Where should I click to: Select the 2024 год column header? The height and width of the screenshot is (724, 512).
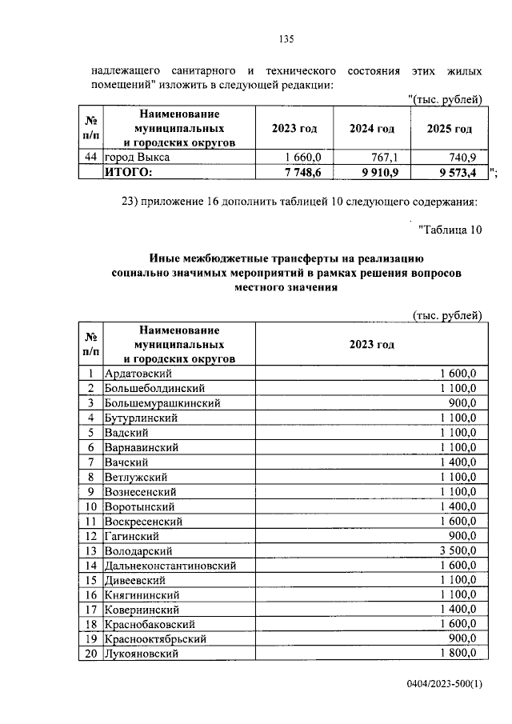(x=372, y=129)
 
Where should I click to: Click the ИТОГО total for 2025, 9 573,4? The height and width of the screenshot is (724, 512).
(x=451, y=172)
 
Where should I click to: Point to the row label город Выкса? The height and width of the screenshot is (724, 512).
(x=137, y=158)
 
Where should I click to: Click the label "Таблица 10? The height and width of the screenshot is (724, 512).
(x=450, y=230)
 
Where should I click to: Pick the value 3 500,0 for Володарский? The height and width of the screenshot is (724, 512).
(x=458, y=550)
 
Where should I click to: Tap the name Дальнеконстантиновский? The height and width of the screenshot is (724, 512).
(x=170, y=566)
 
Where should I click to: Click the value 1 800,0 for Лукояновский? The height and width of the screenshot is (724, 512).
(x=458, y=654)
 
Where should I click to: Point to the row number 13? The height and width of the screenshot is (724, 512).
(x=91, y=550)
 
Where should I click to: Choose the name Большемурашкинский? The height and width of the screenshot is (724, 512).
(x=162, y=403)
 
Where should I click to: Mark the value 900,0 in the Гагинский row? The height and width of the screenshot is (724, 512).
(x=463, y=536)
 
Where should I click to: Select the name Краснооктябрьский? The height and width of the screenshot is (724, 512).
(x=156, y=639)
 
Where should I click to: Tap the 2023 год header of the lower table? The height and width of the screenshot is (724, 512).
(x=371, y=344)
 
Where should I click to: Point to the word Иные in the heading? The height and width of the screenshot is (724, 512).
(x=166, y=258)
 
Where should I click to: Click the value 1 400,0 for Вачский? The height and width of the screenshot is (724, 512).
(x=458, y=462)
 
